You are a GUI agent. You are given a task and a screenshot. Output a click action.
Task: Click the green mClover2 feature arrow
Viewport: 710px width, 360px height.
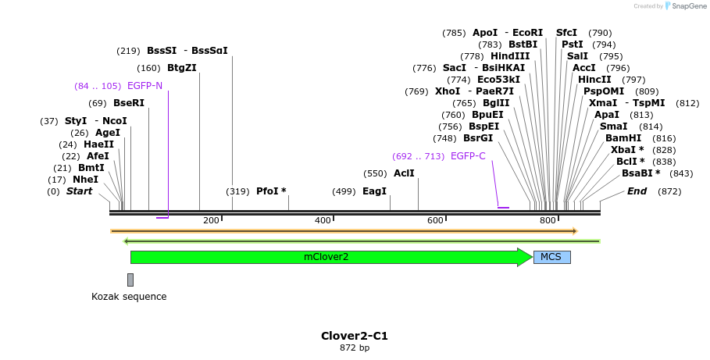[x=328, y=257]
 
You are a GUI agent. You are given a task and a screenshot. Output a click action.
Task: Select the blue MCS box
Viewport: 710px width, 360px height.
[x=551, y=257]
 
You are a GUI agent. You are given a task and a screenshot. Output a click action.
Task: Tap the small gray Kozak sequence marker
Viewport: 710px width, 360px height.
[x=130, y=280]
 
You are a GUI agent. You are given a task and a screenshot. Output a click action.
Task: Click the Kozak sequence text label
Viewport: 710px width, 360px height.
[x=129, y=297]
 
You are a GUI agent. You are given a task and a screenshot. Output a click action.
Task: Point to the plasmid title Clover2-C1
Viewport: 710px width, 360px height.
[x=355, y=336]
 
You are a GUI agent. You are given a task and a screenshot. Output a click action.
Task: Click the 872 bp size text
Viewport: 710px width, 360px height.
[x=355, y=348]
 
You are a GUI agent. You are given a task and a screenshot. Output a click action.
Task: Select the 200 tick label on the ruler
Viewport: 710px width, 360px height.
[x=211, y=221]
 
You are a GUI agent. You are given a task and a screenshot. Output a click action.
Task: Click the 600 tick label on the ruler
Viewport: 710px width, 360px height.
[x=435, y=221]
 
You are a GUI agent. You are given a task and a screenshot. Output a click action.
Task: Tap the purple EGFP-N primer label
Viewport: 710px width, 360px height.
[x=144, y=85]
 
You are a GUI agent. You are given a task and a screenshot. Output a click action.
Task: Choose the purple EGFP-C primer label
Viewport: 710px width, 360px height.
[x=468, y=156]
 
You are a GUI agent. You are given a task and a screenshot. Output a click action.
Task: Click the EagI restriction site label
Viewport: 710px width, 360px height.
[x=375, y=191]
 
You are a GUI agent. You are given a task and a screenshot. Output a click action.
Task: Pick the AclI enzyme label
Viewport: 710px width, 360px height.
[x=404, y=173]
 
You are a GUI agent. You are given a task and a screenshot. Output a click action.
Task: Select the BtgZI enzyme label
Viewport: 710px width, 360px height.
[x=181, y=68]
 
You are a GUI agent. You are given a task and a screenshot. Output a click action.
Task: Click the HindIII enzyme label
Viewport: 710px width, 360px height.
[x=510, y=56]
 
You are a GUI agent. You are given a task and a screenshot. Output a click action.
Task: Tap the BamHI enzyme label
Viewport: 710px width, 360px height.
[x=623, y=138]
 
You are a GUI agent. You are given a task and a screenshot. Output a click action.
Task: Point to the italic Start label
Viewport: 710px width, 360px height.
[x=79, y=191]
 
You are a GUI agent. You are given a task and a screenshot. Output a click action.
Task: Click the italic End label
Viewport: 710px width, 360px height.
[x=637, y=191]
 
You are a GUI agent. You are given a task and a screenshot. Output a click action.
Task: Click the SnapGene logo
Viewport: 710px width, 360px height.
[x=684, y=6]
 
